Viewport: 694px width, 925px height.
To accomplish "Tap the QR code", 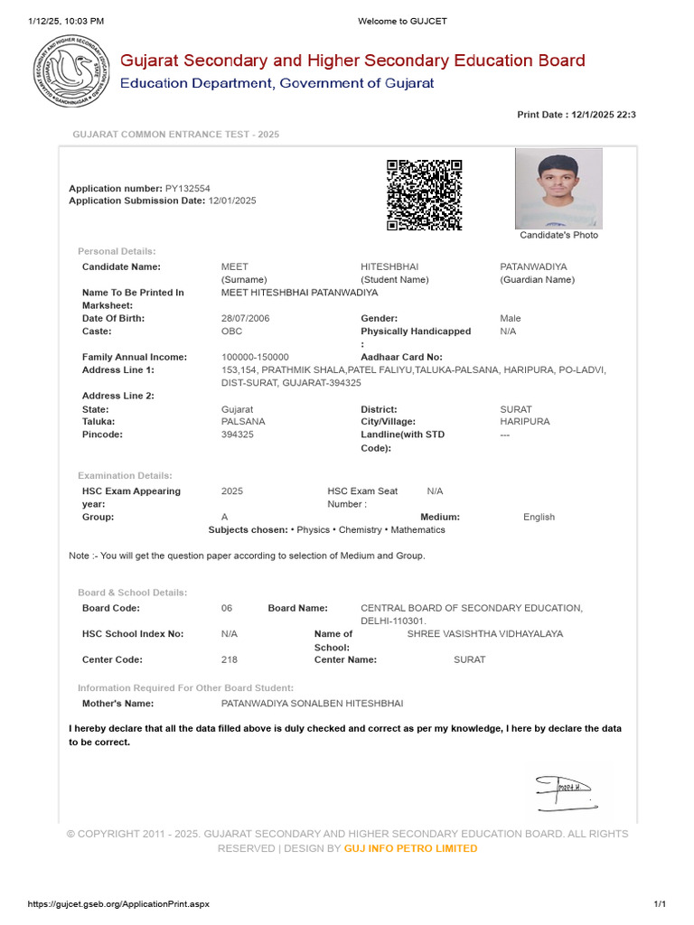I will coord(425,195).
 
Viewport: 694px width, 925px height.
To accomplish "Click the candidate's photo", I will coord(558,189).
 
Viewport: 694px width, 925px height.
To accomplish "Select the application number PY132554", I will coord(187,188).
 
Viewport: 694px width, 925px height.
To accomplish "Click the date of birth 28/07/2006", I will coord(245,319).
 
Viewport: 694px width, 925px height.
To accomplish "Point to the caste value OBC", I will coord(231,332).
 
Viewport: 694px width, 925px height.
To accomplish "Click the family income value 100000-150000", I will coord(255,358).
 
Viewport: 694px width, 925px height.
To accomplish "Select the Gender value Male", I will coord(511,319).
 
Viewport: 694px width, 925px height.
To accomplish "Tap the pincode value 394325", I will coord(238,434).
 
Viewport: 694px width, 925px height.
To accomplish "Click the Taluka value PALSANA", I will coord(242,422).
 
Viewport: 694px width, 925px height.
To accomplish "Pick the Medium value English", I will coord(539,517).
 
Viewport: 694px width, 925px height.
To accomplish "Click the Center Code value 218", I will coord(230,659).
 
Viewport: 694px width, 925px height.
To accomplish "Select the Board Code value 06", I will coord(227,609).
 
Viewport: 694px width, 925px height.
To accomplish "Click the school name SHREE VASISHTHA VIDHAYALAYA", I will coord(484,634).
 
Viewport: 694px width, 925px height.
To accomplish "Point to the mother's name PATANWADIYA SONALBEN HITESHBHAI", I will coord(312,703).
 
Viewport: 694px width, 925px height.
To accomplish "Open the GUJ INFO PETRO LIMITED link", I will coord(410,848).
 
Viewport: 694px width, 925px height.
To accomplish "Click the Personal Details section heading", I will coord(117,251).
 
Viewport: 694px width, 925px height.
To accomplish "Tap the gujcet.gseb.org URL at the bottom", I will coord(118,904).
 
